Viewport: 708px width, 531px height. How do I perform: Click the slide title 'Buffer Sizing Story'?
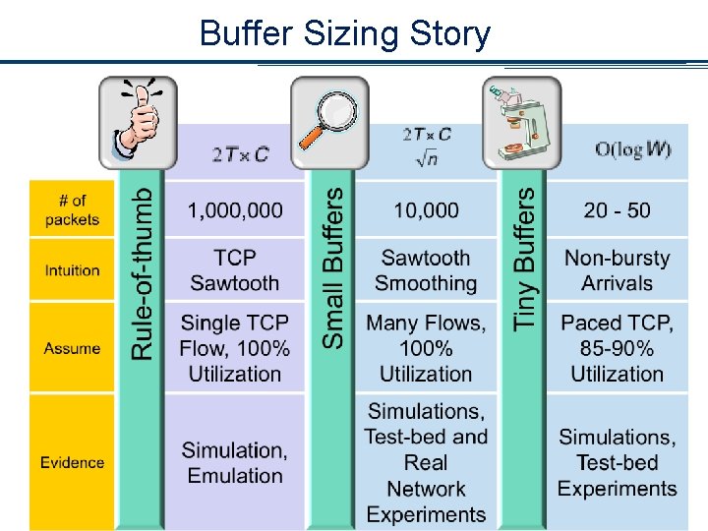point(344,33)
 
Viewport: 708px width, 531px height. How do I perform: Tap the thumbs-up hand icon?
point(139,123)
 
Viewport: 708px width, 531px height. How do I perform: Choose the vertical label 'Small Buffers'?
point(334,267)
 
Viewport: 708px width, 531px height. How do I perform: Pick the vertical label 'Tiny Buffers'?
point(526,258)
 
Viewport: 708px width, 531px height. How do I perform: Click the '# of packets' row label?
point(72,210)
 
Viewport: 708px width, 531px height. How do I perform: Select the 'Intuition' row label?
point(72,270)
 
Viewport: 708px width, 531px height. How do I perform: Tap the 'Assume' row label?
point(72,348)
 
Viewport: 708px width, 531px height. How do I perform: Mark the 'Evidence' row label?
point(72,462)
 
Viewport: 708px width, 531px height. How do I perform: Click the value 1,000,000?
point(235,210)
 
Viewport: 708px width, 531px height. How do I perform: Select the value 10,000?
point(426,210)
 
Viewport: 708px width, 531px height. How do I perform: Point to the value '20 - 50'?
point(617,210)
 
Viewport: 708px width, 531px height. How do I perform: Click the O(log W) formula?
point(633,149)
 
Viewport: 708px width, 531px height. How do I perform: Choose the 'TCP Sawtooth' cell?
point(235,270)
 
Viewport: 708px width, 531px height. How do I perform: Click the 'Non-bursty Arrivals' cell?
point(617,270)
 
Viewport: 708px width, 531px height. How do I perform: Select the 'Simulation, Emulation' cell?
point(235,462)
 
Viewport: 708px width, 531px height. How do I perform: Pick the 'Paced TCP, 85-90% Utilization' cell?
point(617,348)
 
